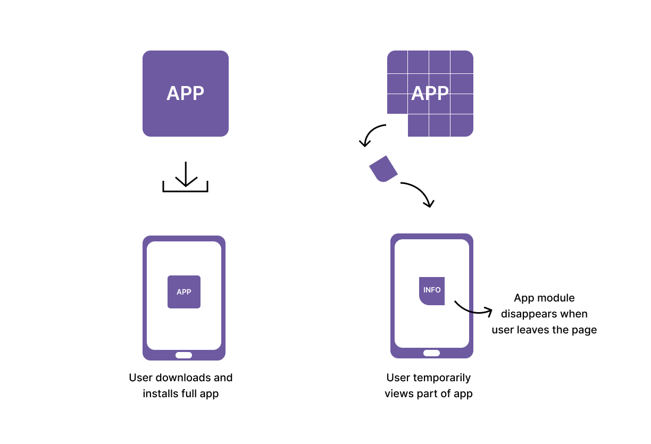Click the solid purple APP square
pos(185,94)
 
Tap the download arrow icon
pos(185,177)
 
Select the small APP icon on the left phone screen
pos(183,292)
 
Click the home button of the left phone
pos(183,355)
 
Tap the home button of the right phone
pos(431,353)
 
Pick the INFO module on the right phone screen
pos(431,291)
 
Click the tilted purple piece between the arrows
pos(383,169)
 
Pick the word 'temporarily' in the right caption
pos(444,378)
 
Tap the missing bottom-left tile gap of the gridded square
pos(397,125)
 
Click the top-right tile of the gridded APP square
pos(462,62)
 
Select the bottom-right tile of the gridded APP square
pos(462,125)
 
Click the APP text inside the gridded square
pos(430,94)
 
